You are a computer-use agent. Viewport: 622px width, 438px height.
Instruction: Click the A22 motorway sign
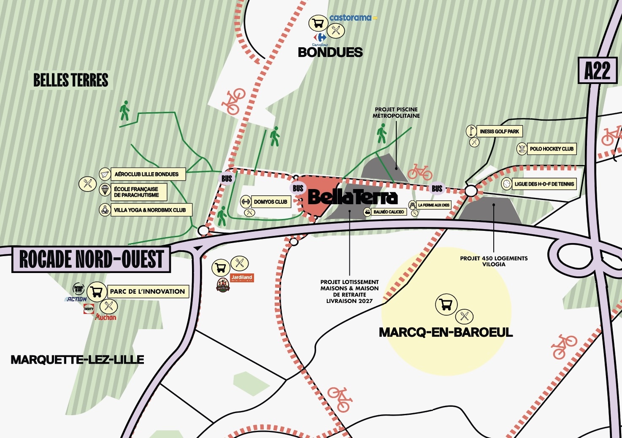click(x=597, y=70)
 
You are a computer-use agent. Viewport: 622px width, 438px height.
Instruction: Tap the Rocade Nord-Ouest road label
click(x=91, y=259)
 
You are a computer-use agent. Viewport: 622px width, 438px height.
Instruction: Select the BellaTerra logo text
click(x=353, y=197)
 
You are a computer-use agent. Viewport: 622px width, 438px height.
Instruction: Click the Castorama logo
click(x=351, y=18)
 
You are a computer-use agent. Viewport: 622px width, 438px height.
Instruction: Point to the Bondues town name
click(x=330, y=52)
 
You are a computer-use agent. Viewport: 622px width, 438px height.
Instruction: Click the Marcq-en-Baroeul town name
click(x=446, y=333)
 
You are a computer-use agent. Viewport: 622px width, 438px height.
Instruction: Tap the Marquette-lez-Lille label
click(x=77, y=360)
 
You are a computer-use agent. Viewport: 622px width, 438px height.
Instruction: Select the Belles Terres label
click(x=71, y=80)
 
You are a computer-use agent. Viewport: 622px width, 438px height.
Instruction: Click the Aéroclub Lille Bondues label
click(x=146, y=174)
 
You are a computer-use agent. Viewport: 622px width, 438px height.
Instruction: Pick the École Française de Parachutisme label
click(x=136, y=192)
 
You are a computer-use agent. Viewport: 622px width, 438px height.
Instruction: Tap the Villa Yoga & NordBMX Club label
click(x=150, y=210)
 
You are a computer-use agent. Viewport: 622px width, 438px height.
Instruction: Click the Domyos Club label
click(x=270, y=202)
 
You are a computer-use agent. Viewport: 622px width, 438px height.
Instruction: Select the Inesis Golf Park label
click(x=499, y=132)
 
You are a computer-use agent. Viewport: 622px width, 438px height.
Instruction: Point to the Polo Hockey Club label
click(x=552, y=149)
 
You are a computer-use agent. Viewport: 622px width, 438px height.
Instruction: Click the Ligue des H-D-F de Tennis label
click(x=544, y=184)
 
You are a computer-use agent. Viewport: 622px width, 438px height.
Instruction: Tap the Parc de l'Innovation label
click(x=147, y=292)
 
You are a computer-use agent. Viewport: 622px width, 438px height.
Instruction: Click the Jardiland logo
click(x=242, y=278)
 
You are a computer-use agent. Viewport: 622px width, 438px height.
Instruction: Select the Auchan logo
click(x=106, y=317)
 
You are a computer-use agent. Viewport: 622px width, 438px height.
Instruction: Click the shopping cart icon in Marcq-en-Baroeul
click(x=446, y=304)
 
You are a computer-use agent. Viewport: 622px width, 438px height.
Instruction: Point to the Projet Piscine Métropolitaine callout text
click(x=396, y=113)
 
